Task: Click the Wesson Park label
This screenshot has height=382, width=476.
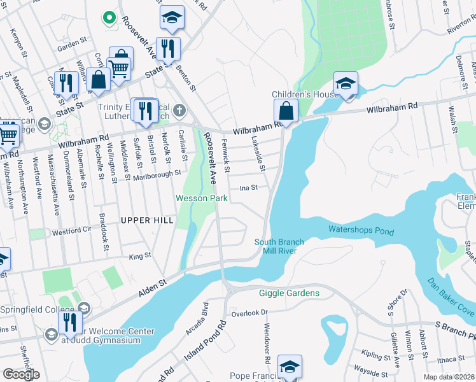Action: tap(202, 199)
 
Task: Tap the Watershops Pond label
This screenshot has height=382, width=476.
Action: tap(361, 230)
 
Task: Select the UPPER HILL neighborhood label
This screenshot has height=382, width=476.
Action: tap(147, 220)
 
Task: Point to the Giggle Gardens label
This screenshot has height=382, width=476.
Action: tap(289, 293)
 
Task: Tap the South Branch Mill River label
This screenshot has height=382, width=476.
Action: tap(279, 246)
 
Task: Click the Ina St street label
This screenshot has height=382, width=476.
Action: tap(248, 188)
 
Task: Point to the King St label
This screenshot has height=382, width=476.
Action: tap(139, 256)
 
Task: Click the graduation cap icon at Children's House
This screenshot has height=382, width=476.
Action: tap(346, 84)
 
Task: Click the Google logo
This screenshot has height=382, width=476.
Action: tap(20, 374)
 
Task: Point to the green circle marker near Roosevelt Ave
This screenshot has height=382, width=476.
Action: tap(109, 17)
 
